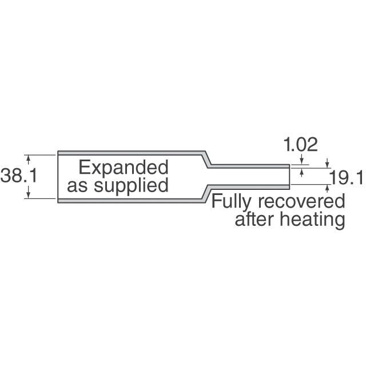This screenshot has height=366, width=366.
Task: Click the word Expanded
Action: click(124, 168)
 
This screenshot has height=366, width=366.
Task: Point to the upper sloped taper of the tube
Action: click(206, 159)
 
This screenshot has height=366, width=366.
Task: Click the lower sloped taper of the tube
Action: click(206, 193)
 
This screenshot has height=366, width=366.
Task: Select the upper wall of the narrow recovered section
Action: click(252, 165)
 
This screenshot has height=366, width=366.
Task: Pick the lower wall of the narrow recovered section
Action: click(252, 186)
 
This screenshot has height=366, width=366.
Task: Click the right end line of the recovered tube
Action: click(289, 176)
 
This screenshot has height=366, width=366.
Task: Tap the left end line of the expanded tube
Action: click(57, 176)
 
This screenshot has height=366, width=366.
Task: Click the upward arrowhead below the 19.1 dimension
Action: click(327, 186)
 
